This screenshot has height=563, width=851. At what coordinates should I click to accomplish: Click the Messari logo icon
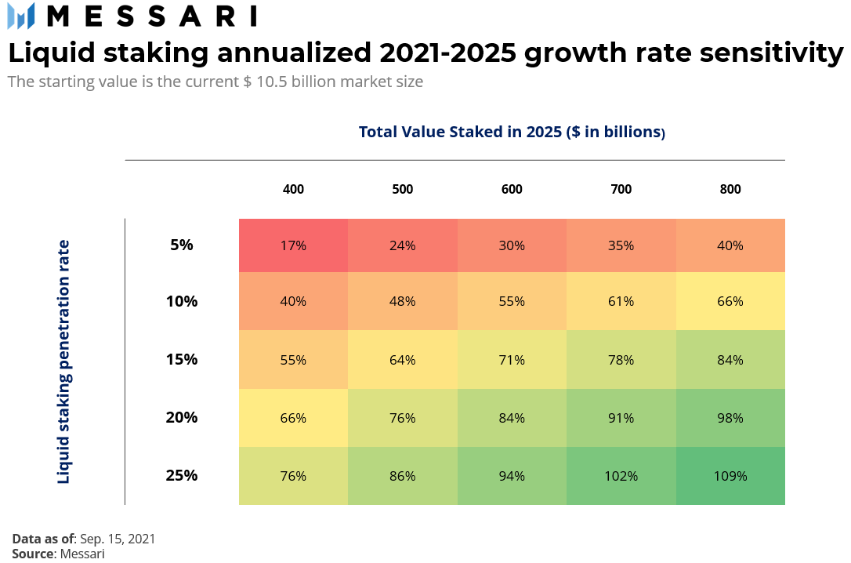point(21,16)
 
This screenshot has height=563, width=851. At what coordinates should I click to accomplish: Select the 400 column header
point(293,189)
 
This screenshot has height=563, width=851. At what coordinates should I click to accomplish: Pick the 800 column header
point(730,189)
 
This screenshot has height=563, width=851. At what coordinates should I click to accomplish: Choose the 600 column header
point(512,189)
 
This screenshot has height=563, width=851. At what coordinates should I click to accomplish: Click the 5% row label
point(182,245)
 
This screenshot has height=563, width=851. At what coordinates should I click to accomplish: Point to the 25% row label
point(182,475)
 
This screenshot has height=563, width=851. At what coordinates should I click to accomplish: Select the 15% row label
point(182,360)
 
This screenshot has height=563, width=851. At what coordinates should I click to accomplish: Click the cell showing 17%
point(293,245)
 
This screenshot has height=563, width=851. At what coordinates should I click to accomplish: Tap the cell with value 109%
point(730,476)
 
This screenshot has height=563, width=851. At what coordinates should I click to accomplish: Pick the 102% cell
point(621,476)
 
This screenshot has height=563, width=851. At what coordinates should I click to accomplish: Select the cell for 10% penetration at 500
point(403,301)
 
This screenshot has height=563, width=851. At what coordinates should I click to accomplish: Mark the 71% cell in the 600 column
point(512,360)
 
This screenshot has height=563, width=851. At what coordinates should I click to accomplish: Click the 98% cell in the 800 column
point(730,418)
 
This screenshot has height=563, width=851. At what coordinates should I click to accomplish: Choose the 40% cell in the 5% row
point(730,245)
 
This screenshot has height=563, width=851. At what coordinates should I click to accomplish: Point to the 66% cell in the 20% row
point(293,418)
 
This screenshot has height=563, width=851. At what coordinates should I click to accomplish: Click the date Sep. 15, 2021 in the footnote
point(118,539)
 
